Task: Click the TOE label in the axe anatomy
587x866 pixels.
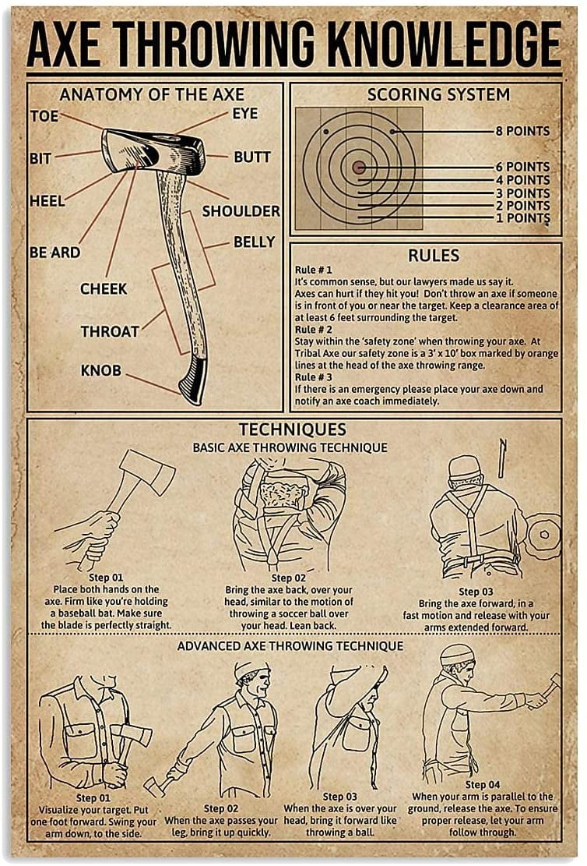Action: tap(44, 117)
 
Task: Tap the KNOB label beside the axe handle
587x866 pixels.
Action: tap(101, 370)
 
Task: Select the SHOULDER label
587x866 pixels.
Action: tap(241, 211)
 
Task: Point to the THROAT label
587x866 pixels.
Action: tap(110, 331)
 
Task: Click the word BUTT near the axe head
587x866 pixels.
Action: tap(252, 157)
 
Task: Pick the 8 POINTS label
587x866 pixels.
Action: tap(522, 131)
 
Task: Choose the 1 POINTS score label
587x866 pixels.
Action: tap(522, 217)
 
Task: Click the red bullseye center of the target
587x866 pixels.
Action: tap(359, 167)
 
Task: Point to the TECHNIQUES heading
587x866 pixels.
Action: tap(293, 429)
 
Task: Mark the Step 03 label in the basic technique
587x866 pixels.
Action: tap(475, 592)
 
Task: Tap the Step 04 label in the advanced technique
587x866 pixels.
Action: tap(482, 784)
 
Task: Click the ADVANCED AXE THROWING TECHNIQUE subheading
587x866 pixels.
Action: tap(290, 646)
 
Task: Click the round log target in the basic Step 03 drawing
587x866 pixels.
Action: tap(543, 536)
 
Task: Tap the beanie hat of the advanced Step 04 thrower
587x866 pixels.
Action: tap(457, 653)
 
